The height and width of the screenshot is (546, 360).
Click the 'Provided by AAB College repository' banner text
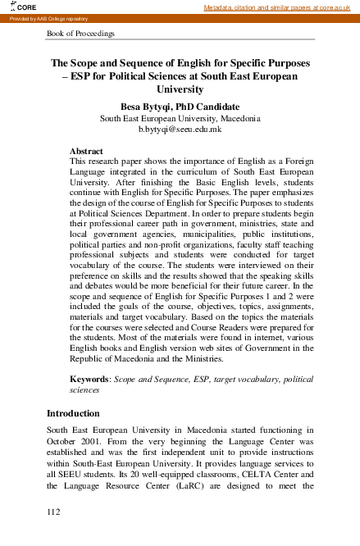48,18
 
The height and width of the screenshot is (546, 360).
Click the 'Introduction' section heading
73,413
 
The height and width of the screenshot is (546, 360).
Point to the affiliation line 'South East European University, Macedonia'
180,118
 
